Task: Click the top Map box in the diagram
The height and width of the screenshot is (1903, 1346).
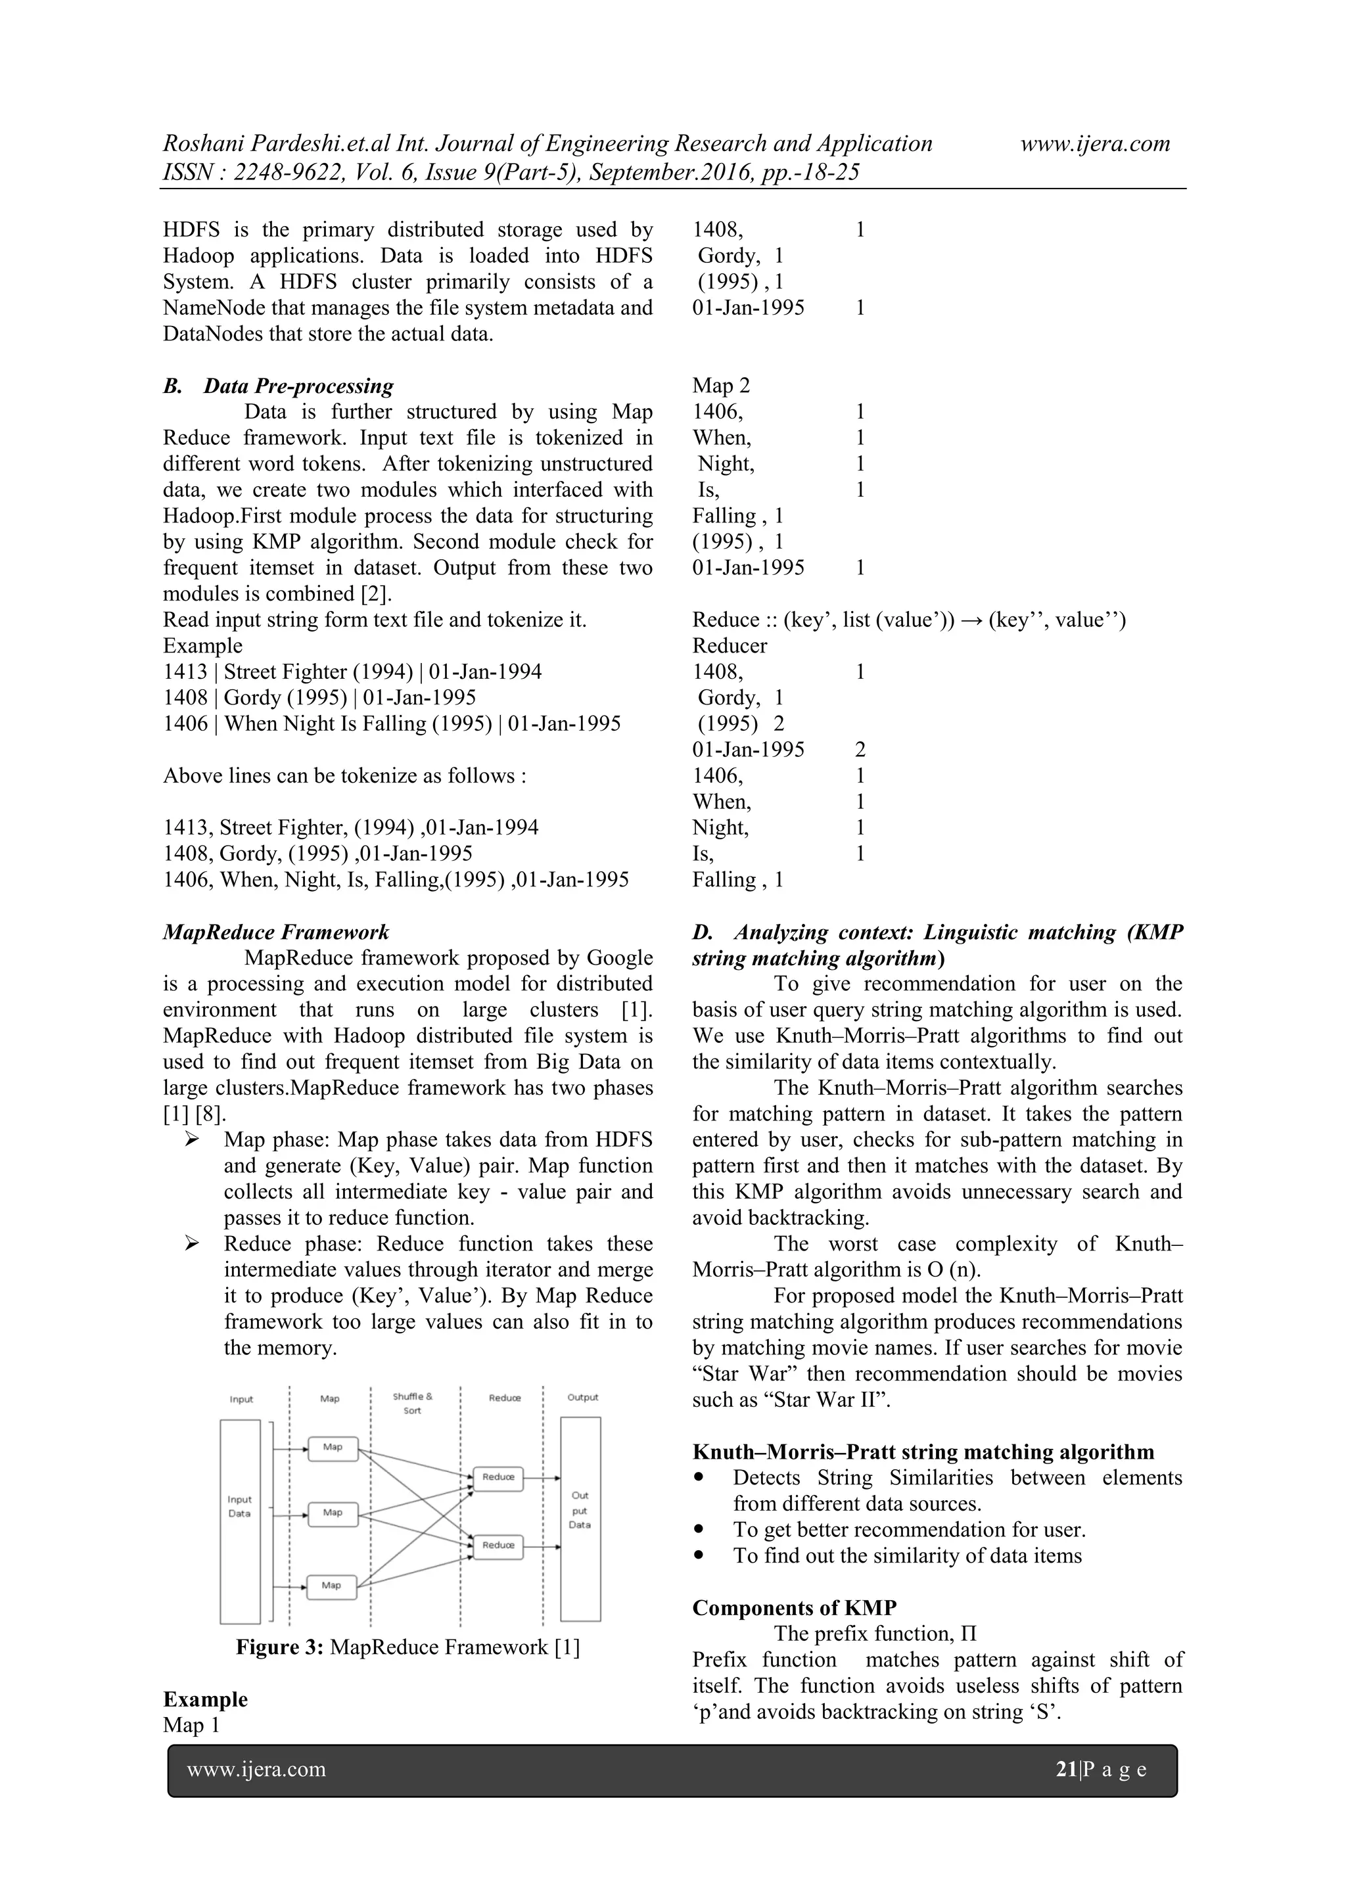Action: tap(333, 1448)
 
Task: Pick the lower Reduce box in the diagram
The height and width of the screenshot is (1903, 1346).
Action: tap(498, 1546)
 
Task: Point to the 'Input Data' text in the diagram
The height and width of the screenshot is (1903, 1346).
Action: tap(239, 1507)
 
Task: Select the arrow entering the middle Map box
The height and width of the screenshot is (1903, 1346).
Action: tap(290, 1517)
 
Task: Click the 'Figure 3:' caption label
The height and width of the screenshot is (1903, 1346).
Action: tap(279, 1647)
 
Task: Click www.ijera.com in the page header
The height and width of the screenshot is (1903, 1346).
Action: tap(1095, 143)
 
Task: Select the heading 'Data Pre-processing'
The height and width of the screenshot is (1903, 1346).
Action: tap(298, 386)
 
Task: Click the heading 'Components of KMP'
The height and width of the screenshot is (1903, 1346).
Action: tap(794, 1608)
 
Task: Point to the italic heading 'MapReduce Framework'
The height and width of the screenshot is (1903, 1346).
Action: tap(276, 932)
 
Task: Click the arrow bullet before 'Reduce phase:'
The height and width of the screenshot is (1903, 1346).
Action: tap(193, 1243)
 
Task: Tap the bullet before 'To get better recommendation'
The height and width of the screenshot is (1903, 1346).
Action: tap(702, 1530)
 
